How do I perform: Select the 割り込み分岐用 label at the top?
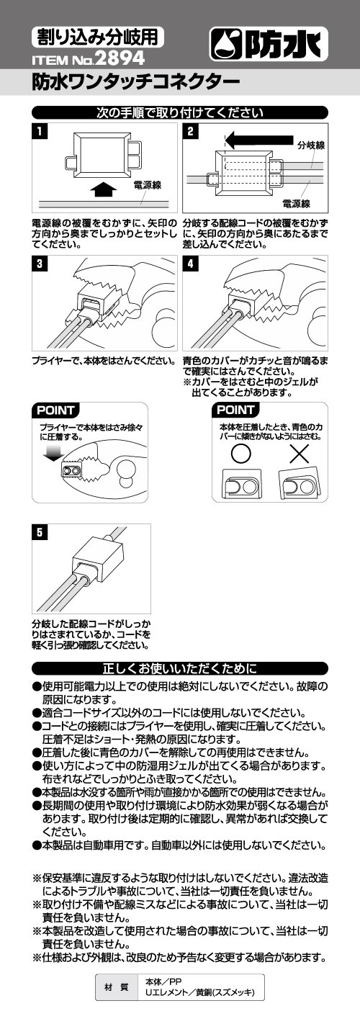[97, 36]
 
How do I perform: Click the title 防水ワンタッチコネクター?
[135, 82]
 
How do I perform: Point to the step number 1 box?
[40, 132]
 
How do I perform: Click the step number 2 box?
[191, 132]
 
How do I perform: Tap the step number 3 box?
[40, 264]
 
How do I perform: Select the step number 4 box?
[191, 264]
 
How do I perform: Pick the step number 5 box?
[40, 532]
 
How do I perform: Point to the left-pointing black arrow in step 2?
[259, 140]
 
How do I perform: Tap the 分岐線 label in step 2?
[311, 145]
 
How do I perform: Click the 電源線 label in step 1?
[147, 185]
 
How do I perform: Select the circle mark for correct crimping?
[241, 454]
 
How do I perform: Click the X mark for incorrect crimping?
[300, 454]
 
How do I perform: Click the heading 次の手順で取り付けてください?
[180, 112]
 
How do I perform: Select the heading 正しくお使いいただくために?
[180, 668]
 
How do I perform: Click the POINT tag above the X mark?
[235, 410]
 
